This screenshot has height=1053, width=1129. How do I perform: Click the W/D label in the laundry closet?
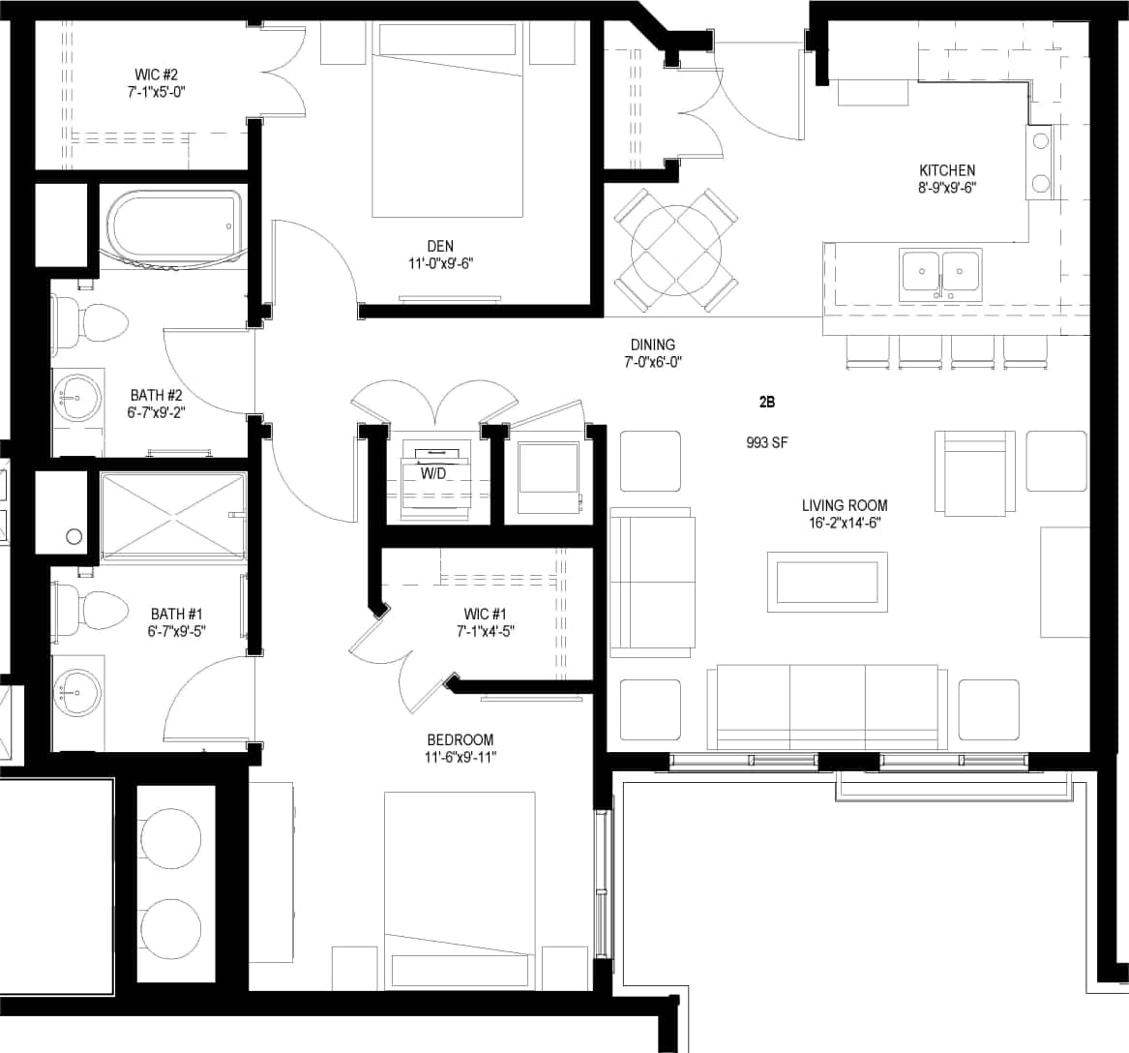pyautogui.click(x=431, y=474)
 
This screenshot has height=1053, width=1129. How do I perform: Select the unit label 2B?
pyautogui.click(x=767, y=402)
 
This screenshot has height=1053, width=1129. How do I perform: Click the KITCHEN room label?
pyautogui.click(x=946, y=170)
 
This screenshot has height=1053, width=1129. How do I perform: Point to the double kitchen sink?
pyautogui.click(x=940, y=273)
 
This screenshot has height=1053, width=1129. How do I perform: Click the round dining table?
pyautogui.click(x=676, y=250)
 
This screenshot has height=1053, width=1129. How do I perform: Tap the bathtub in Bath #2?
pyautogui.click(x=173, y=227)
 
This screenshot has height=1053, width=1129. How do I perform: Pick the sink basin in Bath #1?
pyautogui.click(x=77, y=693)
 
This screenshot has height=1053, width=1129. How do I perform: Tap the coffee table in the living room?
pyautogui.click(x=827, y=581)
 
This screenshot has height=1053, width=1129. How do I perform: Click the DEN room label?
pyautogui.click(x=439, y=246)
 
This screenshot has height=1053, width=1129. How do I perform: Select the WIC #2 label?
pyautogui.click(x=156, y=75)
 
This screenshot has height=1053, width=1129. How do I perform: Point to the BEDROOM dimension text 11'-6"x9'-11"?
pyautogui.click(x=460, y=757)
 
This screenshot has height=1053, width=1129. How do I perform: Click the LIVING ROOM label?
pyautogui.click(x=844, y=505)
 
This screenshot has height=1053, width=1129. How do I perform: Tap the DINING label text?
pyautogui.click(x=652, y=345)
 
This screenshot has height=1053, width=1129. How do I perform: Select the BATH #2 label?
pyautogui.click(x=157, y=395)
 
